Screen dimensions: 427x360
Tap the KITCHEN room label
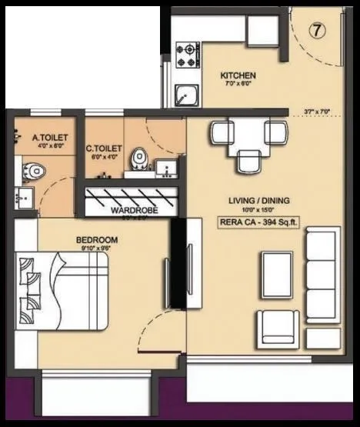pyautogui.click(x=238, y=75)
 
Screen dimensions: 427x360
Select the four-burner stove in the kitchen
pyautogui.click(x=187, y=53)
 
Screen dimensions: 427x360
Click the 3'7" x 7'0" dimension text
pyautogui.click(x=316, y=112)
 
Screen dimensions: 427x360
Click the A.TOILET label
pyautogui.click(x=46, y=138)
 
